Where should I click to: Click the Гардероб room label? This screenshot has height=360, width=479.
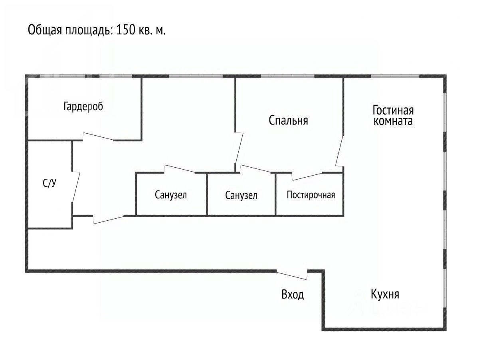tap(83, 107)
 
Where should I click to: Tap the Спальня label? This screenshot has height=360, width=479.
tap(288, 120)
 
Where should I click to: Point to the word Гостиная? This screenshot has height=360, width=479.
tap(393, 110)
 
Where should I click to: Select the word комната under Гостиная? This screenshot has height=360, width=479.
tap(393, 121)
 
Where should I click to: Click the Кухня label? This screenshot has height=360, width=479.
tap(385, 294)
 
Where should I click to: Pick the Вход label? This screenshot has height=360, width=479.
tap(293, 295)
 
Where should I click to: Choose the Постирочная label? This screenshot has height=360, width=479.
tap(311, 195)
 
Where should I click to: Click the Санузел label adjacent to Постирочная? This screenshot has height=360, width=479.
tap(241, 195)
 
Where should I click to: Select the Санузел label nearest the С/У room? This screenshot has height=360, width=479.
tap(171, 195)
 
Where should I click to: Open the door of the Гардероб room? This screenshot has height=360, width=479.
tap(98, 136)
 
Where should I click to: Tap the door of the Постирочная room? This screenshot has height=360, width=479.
tap(307, 176)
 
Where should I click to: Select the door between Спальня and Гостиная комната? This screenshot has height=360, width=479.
tap(340, 152)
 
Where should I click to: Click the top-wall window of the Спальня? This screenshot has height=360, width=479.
tap(287, 76)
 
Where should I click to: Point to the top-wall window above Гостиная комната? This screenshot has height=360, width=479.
tap(395, 76)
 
